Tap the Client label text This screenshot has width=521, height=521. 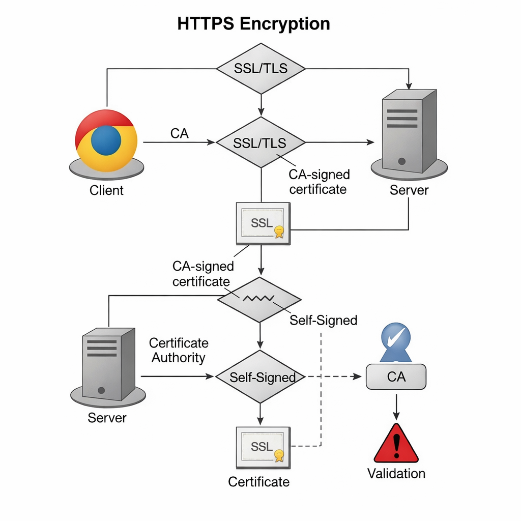(106, 191)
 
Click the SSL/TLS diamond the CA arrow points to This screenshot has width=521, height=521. (260, 142)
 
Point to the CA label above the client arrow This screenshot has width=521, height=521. (179, 133)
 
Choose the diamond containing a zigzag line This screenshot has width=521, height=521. (259, 300)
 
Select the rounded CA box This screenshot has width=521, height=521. (396, 377)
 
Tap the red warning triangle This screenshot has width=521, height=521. (396, 444)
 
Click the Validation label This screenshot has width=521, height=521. (396, 474)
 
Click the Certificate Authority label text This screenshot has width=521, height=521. (179, 350)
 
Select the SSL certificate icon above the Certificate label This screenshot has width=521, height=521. (263, 447)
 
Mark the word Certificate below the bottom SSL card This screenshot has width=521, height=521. (258, 482)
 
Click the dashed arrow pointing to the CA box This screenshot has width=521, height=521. (336, 377)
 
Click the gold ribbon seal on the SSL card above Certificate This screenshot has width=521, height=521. (278, 455)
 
